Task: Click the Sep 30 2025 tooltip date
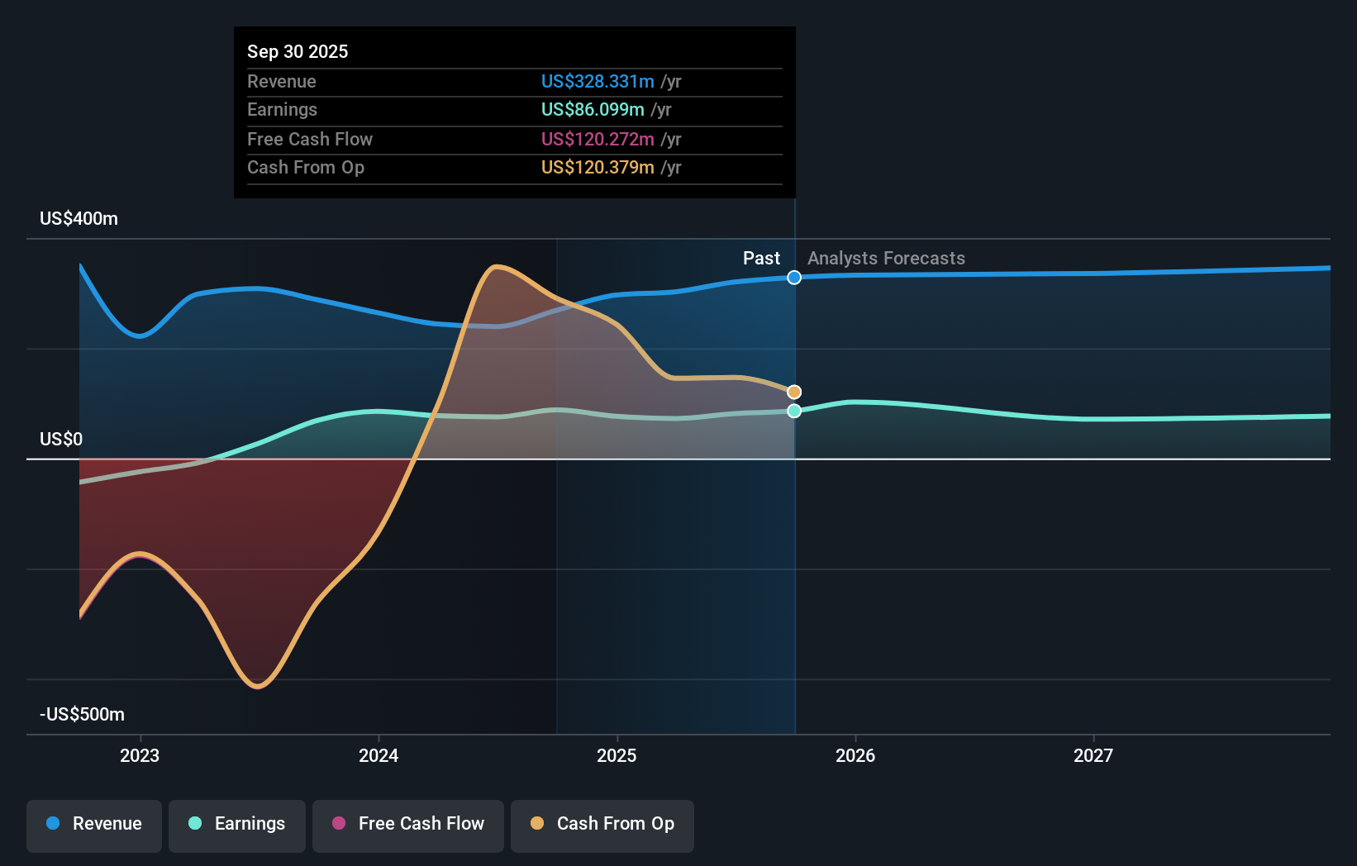pyautogui.click(x=298, y=51)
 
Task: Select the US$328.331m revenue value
pyautogui.click(x=597, y=81)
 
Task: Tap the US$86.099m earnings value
pyautogui.click(x=592, y=109)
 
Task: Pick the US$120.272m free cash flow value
pyautogui.click(x=597, y=139)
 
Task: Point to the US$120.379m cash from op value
pyautogui.click(x=597, y=167)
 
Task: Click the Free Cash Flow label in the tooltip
pyautogui.click(x=309, y=139)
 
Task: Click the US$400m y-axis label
pyautogui.click(x=79, y=218)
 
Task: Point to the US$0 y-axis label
pyautogui.click(x=61, y=439)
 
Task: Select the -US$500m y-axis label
pyautogui.click(x=82, y=714)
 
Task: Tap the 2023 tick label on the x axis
pyautogui.click(x=140, y=755)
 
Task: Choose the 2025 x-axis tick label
pyautogui.click(x=617, y=755)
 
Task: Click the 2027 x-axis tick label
pyautogui.click(x=1093, y=755)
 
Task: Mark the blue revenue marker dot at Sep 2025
pyautogui.click(x=794, y=278)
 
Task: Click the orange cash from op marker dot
pyautogui.click(x=794, y=392)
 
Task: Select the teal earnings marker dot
pyautogui.click(x=794, y=411)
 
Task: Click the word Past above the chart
pyautogui.click(x=760, y=258)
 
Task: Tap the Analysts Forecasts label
pyautogui.click(x=886, y=258)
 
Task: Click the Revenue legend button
pyautogui.click(x=94, y=824)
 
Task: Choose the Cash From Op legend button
pyautogui.click(x=602, y=824)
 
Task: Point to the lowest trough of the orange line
pyautogui.click(x=259, y=686)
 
